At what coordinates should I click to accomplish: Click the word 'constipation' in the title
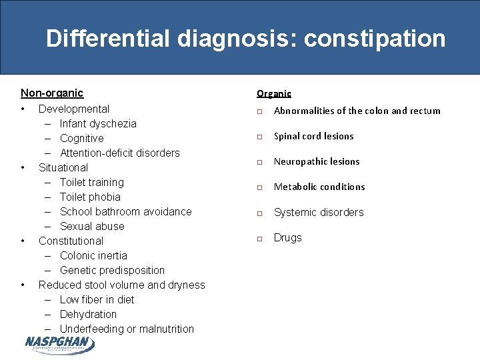coord(375,39)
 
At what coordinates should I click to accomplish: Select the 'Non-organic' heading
coord(52,93)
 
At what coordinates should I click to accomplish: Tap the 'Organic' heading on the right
coord(274,94)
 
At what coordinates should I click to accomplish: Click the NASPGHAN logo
coord(59,344)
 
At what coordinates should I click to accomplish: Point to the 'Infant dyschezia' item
coord(98,123)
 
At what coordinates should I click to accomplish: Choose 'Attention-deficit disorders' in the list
coord(119,153)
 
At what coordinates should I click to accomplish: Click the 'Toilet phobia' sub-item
coord(90,197)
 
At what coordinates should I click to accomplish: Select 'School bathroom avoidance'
coord(125,211)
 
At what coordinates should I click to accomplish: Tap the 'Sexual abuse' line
coord(92,226)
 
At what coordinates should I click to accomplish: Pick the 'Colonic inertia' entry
coord(93,255)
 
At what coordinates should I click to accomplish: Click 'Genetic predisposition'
coord(112,270)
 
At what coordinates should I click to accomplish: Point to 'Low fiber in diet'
coord(97,299)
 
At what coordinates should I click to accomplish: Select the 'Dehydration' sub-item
coord(88,314)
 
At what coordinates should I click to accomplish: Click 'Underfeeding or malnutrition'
coord(127,329)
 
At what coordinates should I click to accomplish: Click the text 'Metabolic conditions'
coord(319,187)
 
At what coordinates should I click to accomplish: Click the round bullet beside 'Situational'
coord(23,167)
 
